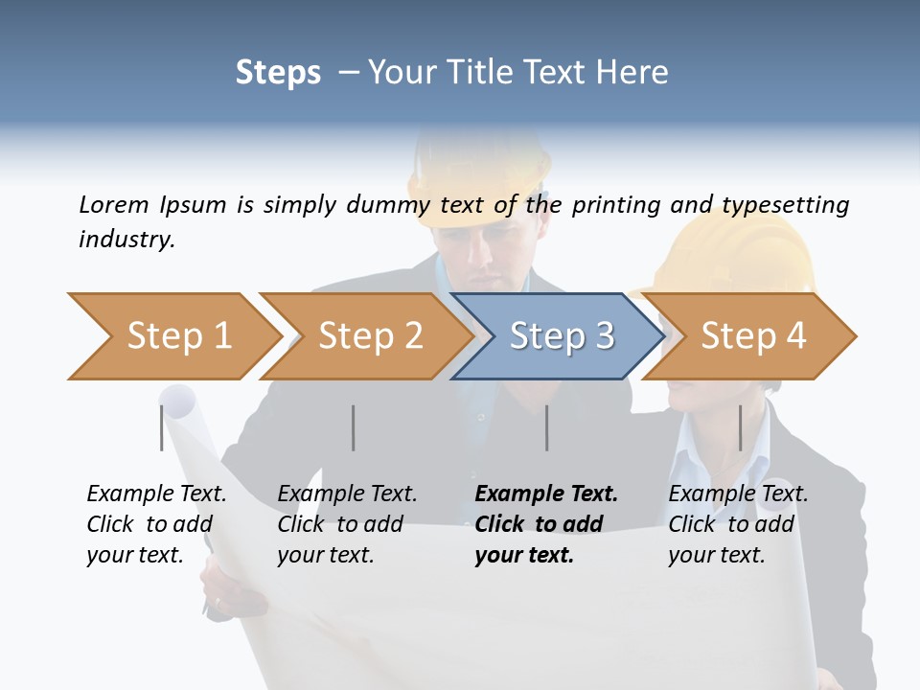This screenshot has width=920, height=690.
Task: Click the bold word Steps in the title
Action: click(278, 73)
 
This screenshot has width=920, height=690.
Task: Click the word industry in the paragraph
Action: click(126, 240)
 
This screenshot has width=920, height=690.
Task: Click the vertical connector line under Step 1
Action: click(162, 427)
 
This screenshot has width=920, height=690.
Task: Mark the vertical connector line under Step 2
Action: click(354, 427)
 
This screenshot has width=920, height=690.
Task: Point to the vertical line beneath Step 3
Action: click(547, 427)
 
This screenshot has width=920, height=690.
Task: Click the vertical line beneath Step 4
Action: click(741, 427)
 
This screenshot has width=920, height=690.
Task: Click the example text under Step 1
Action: click(156, 524)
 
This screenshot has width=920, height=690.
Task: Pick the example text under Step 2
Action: click(347, 524)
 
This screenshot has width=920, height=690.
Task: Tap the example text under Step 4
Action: click(738, 524)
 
